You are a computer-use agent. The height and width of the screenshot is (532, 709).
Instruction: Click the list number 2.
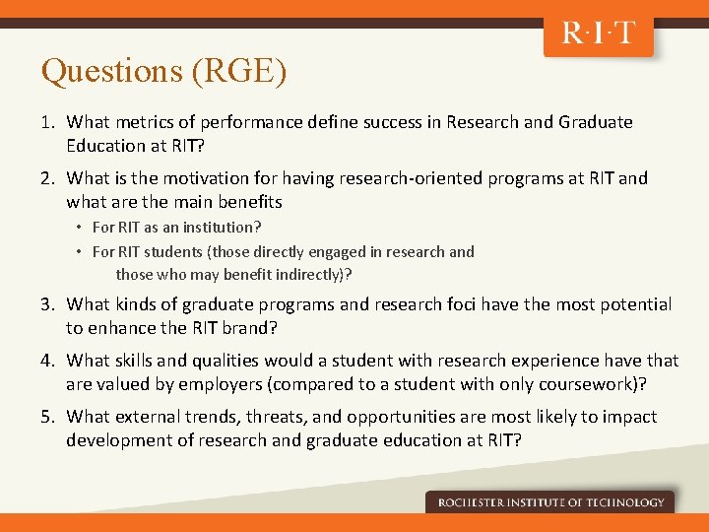click(46, 178)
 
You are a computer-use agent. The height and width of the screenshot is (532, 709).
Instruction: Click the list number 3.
click(46, 304)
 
